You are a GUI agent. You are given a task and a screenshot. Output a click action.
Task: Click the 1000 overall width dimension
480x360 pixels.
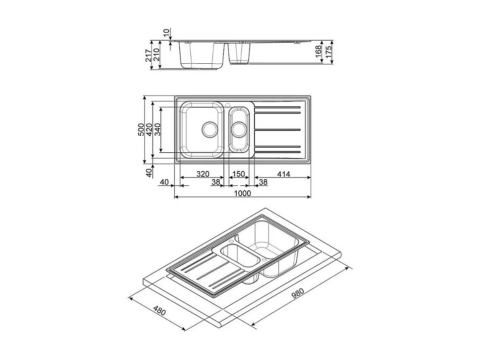click(242, 193)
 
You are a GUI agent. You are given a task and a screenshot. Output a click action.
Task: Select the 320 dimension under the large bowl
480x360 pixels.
click(202, 174)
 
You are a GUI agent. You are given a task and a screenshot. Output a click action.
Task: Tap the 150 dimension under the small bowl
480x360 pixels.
click(238, 174)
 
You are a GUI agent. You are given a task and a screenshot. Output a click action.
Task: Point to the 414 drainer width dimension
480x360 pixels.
click(283, 174)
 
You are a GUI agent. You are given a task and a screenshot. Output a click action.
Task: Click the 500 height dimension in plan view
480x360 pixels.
click(141, 130)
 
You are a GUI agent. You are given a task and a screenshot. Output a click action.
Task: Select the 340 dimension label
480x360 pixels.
click(157, 130)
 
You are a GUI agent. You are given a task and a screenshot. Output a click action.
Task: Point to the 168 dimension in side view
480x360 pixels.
click(319, 53)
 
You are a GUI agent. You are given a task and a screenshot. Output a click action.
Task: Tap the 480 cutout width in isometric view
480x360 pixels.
click(159, 310)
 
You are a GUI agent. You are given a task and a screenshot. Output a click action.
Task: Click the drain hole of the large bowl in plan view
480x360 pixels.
click(209, 129)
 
